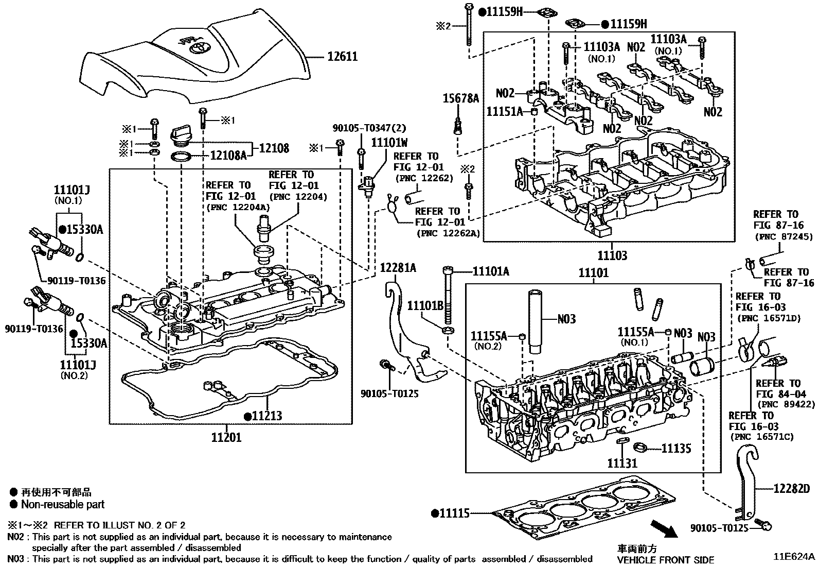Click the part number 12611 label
click(x=343, y=56)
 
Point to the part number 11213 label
click(x=266, y=416)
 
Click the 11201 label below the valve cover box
click(x=226, y=438)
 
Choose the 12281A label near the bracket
click(x=398, y=268)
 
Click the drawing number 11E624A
click(x=794, y=557)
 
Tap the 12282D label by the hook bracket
click(x=791, y=489)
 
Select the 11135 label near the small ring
click(x=676, y=449)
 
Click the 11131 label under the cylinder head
click(x=622, y=463)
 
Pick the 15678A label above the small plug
click(x=461, y=98)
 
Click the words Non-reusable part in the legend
click(x=63, y=505)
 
